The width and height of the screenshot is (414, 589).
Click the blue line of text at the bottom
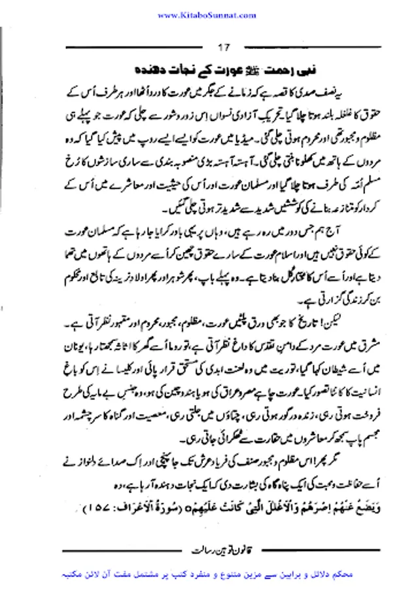click(207, 571)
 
